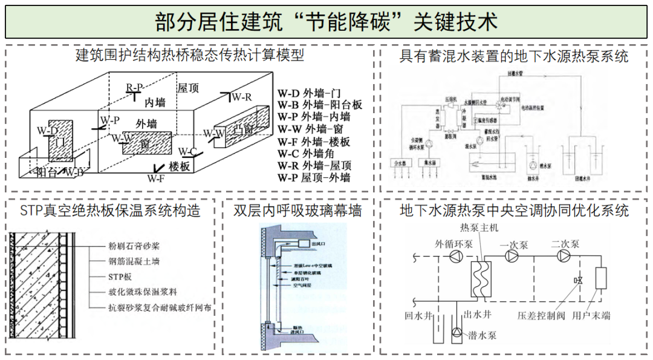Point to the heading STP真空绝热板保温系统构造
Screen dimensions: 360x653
pos(110,211)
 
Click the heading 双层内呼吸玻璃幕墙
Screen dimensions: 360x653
pos(297,211)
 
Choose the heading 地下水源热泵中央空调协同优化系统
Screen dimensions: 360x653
pos(514,211)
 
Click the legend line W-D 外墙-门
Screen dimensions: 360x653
pos(310,94)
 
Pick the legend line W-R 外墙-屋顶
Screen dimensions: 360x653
pos(315,166)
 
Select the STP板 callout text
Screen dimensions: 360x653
pos(119,277)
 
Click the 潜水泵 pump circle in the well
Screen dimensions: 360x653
pos(455,332)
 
